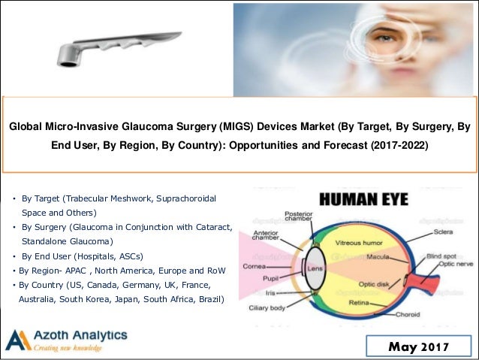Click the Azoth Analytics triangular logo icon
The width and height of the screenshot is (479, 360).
pyautogui.click(x=18, y=340)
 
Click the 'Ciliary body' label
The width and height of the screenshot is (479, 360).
pyautogui.click(x=266, y=308)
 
